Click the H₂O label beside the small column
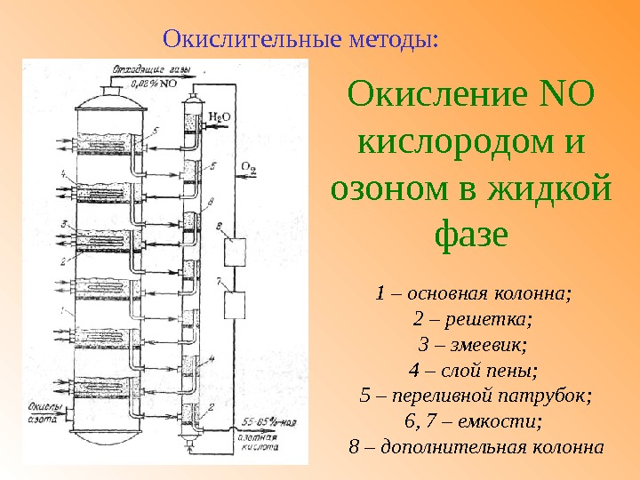click(x=221, y=116)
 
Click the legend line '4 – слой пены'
click(x=473, y=369)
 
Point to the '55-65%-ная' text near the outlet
click(x=264, y=419)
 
